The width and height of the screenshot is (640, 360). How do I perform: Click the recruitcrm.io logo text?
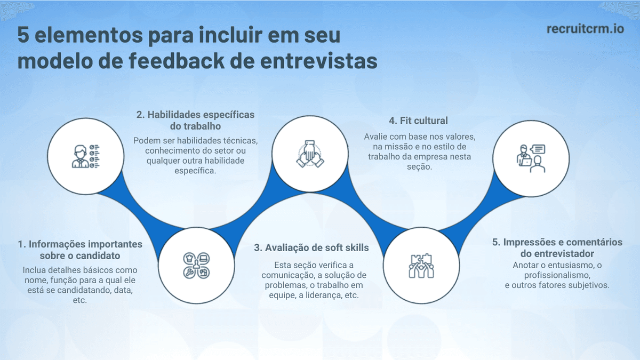coord(585,28)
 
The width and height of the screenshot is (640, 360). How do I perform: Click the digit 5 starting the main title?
coord(23,36)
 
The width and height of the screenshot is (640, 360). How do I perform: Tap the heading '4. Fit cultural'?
coord(419,121)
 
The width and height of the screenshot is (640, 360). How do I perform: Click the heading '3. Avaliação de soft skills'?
coord(311,247)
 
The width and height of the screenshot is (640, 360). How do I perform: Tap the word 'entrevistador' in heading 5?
coord(564,253)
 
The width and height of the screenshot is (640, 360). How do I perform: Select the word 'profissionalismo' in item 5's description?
coord(557,275)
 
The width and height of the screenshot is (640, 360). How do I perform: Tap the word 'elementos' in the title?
coord(87,36)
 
